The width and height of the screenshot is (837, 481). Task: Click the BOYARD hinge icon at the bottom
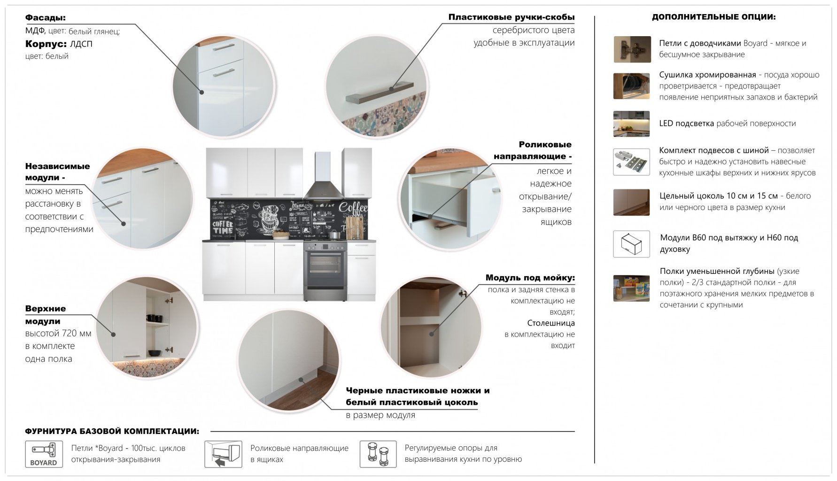coord(44,454)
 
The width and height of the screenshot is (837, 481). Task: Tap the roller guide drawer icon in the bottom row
coord(223,454)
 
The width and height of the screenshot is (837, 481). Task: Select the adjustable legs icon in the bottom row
coord(379,454)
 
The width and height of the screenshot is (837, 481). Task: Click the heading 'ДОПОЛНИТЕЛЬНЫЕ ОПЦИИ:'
coord(713,17)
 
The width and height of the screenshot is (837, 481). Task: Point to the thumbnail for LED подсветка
coord(632,124)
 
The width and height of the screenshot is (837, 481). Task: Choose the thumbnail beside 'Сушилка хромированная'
coord(632,86)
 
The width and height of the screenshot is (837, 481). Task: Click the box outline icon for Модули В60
coord(632,244)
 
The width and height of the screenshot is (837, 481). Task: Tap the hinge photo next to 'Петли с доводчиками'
coord(632,49)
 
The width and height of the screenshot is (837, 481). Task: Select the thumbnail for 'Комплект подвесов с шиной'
coord(632,162)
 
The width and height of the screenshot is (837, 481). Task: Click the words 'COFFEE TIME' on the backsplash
coord(223,227)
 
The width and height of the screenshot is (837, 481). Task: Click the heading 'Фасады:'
coord(45,18)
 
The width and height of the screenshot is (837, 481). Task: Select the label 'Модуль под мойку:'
coord(530,278)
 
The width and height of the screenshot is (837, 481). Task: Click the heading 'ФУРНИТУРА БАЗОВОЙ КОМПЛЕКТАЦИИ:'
coord(112,431)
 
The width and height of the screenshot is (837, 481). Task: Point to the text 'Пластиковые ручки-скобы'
coord(512,17)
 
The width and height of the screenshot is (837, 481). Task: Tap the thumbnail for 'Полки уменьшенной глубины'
coord(632,288)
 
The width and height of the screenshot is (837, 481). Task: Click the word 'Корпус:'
coord(46,44)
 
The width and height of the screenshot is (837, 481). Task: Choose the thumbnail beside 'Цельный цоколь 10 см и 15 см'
coord(632,202)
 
